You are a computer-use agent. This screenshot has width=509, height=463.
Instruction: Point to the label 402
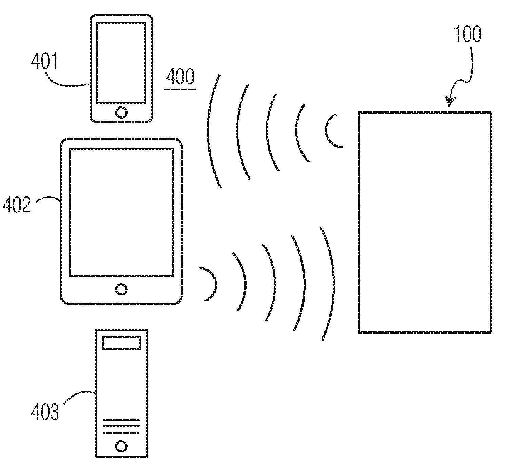pyautogui.click(x=17, y=205)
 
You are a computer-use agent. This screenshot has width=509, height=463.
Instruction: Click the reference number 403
pyautogui.click(x=45, y=411)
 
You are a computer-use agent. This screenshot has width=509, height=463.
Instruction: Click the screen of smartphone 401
pyautogui.click(x=121, y=63)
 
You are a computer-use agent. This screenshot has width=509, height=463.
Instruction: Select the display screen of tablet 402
pyautogui.click(x=121, y=212)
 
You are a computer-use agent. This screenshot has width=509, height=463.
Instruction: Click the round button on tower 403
pyautogui.click(x=121, y=446)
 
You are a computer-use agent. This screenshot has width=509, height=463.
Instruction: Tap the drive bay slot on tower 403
pyautogui.click(x=121, y=343)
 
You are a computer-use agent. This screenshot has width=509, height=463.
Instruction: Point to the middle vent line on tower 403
pyautogui.click(x=121, y=426)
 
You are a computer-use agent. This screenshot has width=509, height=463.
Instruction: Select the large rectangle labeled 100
pyautogui.click(x=425, y=222)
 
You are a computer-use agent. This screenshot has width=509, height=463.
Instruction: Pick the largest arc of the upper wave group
pyautogui.click(x=209, y=131)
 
